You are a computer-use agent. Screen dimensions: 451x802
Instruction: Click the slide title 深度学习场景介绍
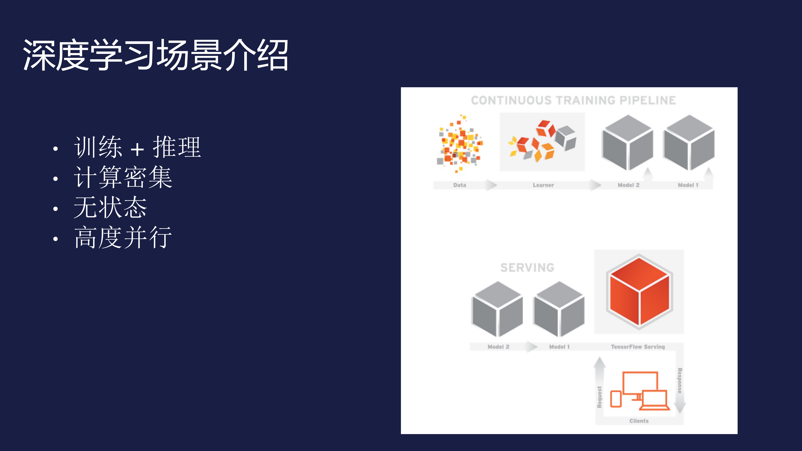coord(156,55)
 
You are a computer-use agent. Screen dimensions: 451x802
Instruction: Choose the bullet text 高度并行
coord(123,237)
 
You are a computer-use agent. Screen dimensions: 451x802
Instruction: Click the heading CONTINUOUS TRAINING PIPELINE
coord(573,100)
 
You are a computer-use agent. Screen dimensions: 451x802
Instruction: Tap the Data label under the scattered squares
coord(460,185)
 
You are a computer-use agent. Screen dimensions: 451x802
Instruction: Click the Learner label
coord(543,185)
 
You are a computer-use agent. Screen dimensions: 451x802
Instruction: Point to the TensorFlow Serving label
coord(638,347)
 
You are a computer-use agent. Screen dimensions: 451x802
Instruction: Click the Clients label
coord(639,421)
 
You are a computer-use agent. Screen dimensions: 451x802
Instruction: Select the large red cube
coord(639,292)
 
